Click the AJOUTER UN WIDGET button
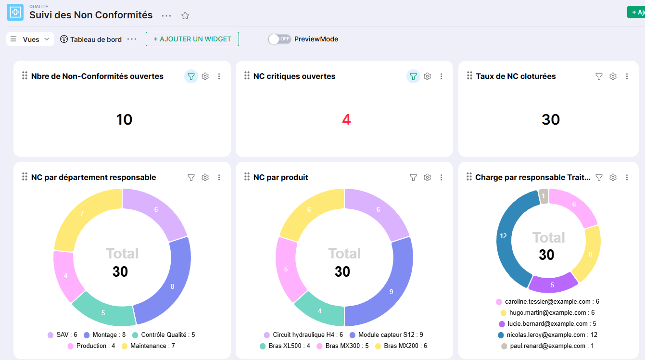pos(192,39)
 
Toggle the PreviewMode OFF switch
pos(279,39)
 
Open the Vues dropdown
pos(30,39)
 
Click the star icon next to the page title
pos(185,15)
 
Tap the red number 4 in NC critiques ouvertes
pos(346,119)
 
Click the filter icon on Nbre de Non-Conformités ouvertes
pos(191,77)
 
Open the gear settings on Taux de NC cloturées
pos(613,77)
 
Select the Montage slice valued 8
pos(173,285)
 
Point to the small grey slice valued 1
pos(544,196)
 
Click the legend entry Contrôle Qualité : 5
pos(164,335)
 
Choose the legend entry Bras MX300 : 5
pos(342,346)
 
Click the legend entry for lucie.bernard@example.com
pos(548,324)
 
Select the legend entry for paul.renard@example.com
pos(548,346)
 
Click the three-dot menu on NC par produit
pos(441,177)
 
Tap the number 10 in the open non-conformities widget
pos(124,119)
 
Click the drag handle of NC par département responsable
pos(25,177)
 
